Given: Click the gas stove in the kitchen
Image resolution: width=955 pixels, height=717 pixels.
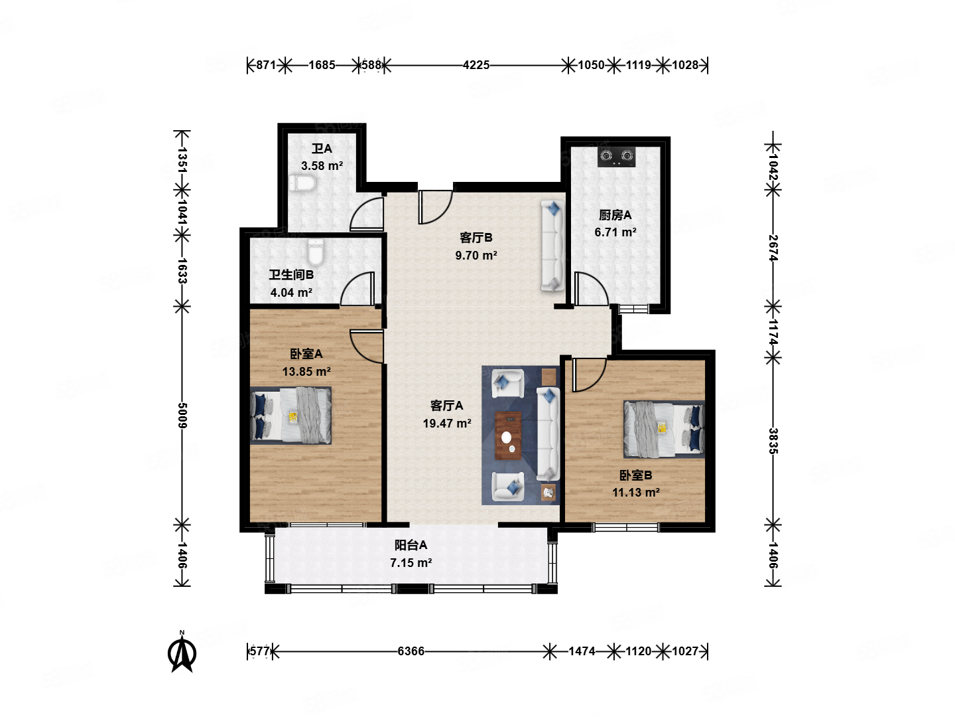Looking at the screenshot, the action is (615, 157).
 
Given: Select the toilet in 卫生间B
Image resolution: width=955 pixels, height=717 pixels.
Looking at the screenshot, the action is (316, 252).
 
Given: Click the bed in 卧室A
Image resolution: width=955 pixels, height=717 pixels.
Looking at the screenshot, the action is (290, 416).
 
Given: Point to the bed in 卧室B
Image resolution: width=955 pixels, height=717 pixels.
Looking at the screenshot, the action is (664, 430).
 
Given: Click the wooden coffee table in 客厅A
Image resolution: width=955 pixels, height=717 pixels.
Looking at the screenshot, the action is (508, 436).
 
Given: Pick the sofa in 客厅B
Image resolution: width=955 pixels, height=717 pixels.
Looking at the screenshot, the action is (552, 245).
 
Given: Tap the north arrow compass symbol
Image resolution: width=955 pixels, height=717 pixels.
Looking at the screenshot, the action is (182, 652).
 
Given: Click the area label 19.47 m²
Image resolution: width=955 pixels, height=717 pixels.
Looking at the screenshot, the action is (447, 423).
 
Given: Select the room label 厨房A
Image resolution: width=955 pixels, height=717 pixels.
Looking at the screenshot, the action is (615, 215).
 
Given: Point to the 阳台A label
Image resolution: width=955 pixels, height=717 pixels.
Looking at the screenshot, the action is (411, 545).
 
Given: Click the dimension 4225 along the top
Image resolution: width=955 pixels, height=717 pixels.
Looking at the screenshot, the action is (476, 65).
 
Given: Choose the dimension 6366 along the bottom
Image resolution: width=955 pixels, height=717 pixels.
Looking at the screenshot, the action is (411, 651).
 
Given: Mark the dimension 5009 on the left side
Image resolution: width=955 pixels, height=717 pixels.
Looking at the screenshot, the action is (182, 416).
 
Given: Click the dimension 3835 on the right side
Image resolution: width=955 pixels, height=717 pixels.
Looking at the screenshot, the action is (773, 441).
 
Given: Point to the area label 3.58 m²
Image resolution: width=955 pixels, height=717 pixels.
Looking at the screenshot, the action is (322, 166).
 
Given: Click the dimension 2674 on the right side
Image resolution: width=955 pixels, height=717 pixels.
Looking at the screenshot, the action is (773, 248).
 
